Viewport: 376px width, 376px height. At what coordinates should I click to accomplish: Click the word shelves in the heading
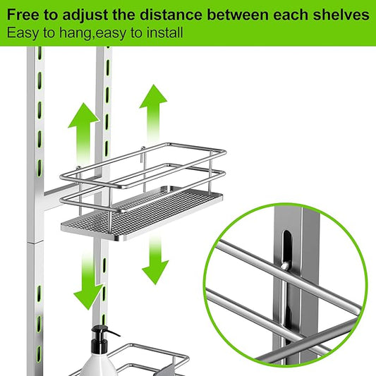tap(339, 14)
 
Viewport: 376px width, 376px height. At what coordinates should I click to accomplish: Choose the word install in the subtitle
tap(164, 32)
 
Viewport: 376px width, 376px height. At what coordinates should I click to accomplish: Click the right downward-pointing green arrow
tap(155, 257)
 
